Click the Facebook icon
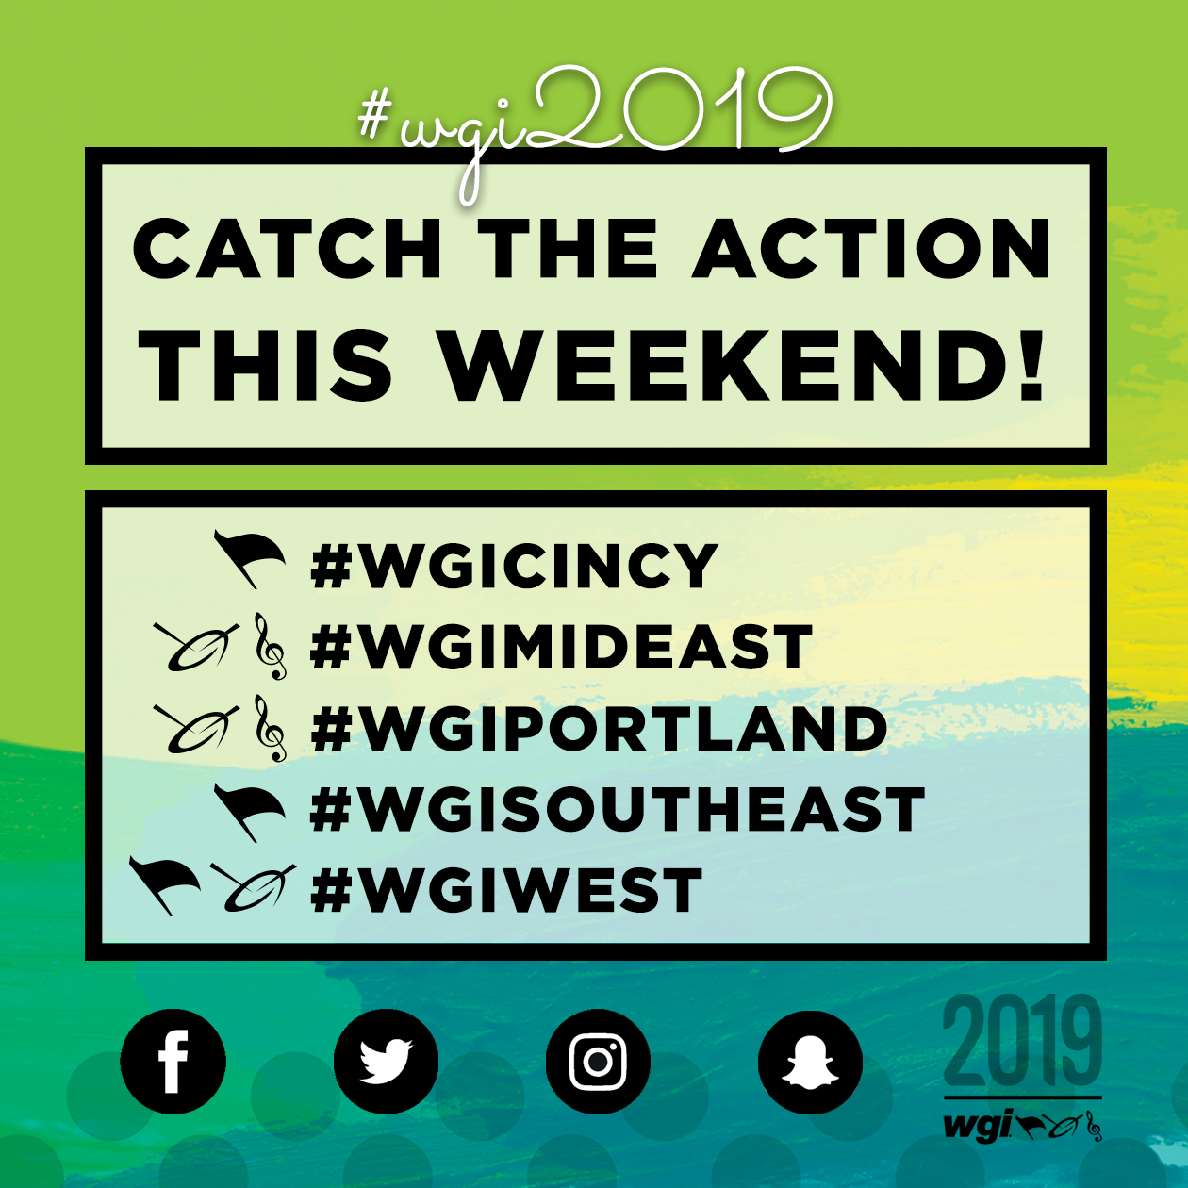point(173,1061)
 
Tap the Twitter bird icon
point(386,1061)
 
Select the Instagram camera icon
point(598,1061)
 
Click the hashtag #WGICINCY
point(514,566)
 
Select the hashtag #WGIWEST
point(506,889)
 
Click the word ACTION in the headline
point(872,248)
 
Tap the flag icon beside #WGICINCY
point(249,558)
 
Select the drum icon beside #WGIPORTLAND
point(196,729)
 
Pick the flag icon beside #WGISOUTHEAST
point(249,812)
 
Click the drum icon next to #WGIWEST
point(252,888)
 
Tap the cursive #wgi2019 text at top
point(595,124)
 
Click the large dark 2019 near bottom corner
point(1022,1043)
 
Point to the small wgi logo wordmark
point(977,1126)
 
